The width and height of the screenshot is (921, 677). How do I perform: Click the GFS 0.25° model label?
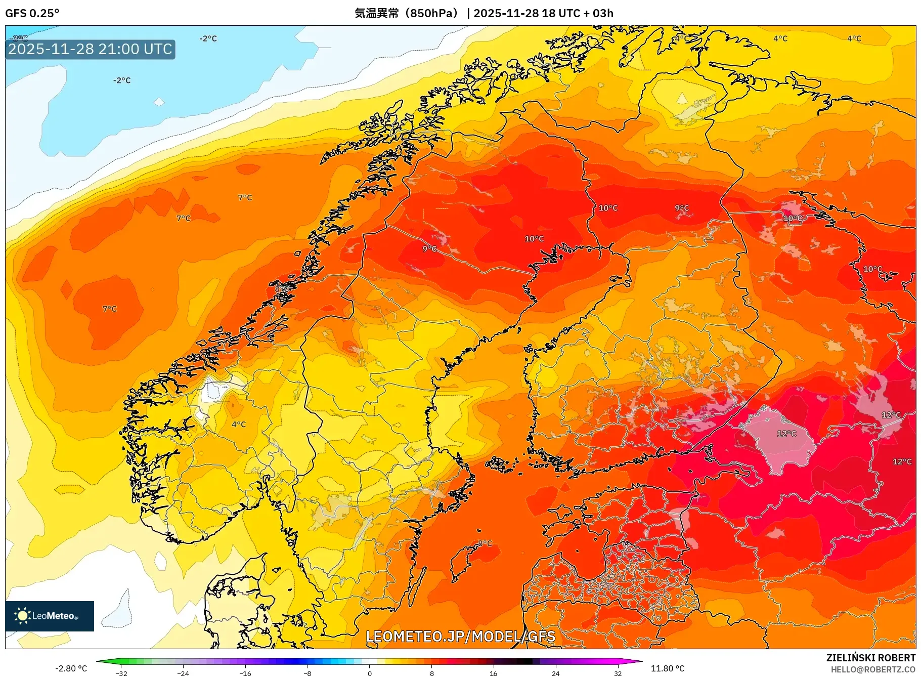click(32, 13)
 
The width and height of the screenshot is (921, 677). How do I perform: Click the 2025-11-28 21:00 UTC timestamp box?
click(90, 49)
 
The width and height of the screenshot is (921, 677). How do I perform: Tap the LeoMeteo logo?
click(50, 616)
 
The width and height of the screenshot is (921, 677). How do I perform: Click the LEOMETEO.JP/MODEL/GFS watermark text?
click(460, 636)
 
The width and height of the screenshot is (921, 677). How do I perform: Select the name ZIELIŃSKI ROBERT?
click(870, 658)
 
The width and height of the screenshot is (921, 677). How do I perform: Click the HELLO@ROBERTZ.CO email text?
click(872, 669)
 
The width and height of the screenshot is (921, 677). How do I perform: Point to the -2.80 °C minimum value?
click(71, 668)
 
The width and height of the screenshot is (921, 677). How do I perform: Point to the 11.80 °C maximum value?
click(667, 668)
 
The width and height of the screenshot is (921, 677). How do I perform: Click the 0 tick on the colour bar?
click(369, 673)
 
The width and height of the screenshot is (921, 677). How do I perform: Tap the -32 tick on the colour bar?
click(121, 673)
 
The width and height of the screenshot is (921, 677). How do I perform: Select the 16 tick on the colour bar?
click(493, 673)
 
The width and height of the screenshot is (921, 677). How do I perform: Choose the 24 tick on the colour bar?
click(555, 673)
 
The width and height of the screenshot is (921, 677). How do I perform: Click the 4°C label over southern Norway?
click(239, 425)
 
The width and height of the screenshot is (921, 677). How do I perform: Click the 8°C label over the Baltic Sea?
click(485, 543)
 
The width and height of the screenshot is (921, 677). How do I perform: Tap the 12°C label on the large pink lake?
click(786, 434)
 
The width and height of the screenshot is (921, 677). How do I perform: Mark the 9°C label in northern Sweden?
click(429, 248)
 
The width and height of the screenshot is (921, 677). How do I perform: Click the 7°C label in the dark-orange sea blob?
click(110, 309)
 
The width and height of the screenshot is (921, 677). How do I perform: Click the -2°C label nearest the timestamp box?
click(122, 80)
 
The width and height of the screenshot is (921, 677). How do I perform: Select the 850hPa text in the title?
click(431, 13)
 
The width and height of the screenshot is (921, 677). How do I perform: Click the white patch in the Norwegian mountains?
click(212, 392)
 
